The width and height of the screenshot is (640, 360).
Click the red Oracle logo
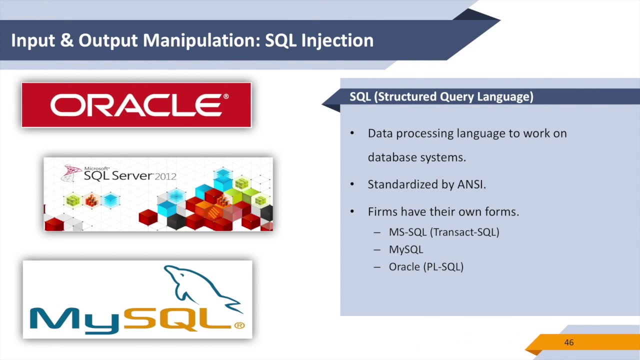136,105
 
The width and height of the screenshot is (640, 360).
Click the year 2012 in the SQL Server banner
165,176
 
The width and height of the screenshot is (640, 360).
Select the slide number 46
569,342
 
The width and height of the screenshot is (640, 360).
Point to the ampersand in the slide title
66,40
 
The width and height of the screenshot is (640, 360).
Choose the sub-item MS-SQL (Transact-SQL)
443,232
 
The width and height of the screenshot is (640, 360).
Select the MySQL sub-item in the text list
405,249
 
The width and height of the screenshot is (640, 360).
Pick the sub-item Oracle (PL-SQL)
426,267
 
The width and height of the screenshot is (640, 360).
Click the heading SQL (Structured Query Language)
441,96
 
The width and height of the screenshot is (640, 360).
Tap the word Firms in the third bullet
382,212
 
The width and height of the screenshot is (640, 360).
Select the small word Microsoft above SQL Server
96,168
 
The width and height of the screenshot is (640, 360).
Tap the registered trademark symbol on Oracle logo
226,96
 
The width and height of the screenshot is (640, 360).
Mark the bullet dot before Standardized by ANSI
352,184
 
